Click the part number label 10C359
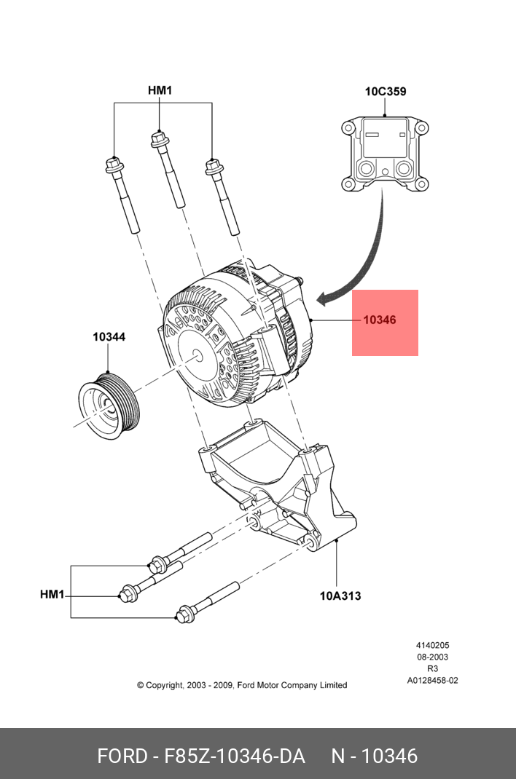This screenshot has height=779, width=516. tap(386, 92)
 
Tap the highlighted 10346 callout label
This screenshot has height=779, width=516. tap(380, 320)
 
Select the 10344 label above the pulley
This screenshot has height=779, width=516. tap(109, 337)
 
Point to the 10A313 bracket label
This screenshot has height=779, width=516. tap(340, 596)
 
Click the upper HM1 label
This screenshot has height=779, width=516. tap(160, 91)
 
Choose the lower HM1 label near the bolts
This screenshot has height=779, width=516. tap(52, 595)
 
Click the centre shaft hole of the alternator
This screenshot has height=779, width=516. tap(198, 357)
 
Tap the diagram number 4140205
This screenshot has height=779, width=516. tap(432, 645)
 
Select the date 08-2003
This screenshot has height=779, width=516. tap(432, 657)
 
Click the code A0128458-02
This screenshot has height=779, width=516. tap(432, 681)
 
